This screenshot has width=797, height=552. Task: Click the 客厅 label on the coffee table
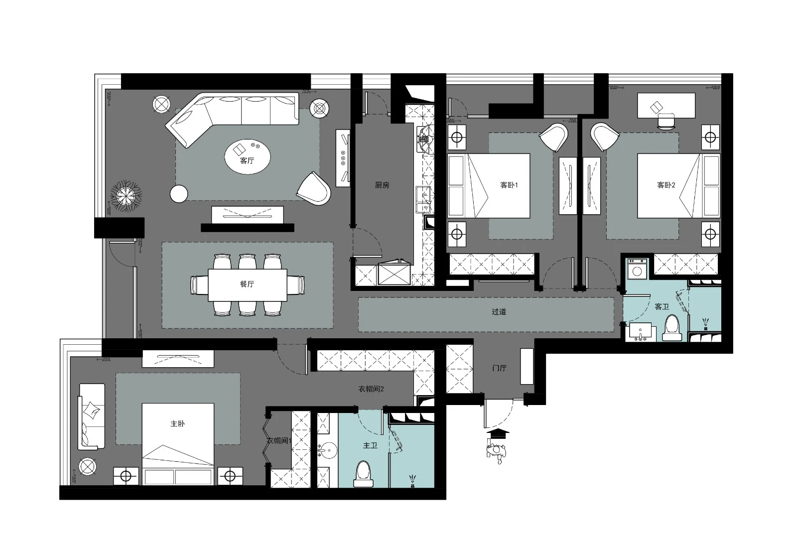[247, 160]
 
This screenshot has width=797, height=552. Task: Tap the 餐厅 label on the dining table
[247, 284]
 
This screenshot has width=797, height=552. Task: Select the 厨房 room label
[382, 185]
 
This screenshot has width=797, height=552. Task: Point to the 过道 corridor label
[499, 312]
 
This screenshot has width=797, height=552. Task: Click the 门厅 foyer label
[499, 368]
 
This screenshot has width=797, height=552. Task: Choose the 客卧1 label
[509, 185]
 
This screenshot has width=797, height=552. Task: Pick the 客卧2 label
[666, 185]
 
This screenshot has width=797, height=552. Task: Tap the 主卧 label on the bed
[177, 423]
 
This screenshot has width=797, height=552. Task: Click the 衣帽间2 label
[371, 389]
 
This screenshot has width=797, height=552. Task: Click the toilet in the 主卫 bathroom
[363, 474]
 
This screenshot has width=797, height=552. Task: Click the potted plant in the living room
[126, 196]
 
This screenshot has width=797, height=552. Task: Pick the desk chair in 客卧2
[666, 122]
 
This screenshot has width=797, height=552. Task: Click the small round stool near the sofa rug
[179, 194]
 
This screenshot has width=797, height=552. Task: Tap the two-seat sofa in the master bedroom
[92, 416]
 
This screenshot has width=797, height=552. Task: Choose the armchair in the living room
[314, 189]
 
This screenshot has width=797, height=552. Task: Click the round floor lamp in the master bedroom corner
[87, 467]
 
